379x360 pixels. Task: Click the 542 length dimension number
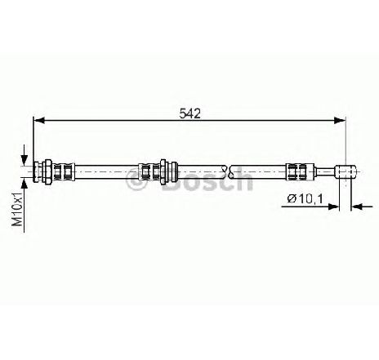(189, 113)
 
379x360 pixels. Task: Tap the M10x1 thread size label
(18, 209)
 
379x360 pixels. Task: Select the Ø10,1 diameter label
(305, 198)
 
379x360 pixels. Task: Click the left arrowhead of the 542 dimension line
(39, 120)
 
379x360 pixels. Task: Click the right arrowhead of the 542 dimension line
(340, 120)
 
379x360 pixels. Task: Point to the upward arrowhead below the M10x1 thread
(25, 184)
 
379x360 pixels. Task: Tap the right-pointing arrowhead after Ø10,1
(333, 207)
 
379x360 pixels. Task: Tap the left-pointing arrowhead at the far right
(357, 207)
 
